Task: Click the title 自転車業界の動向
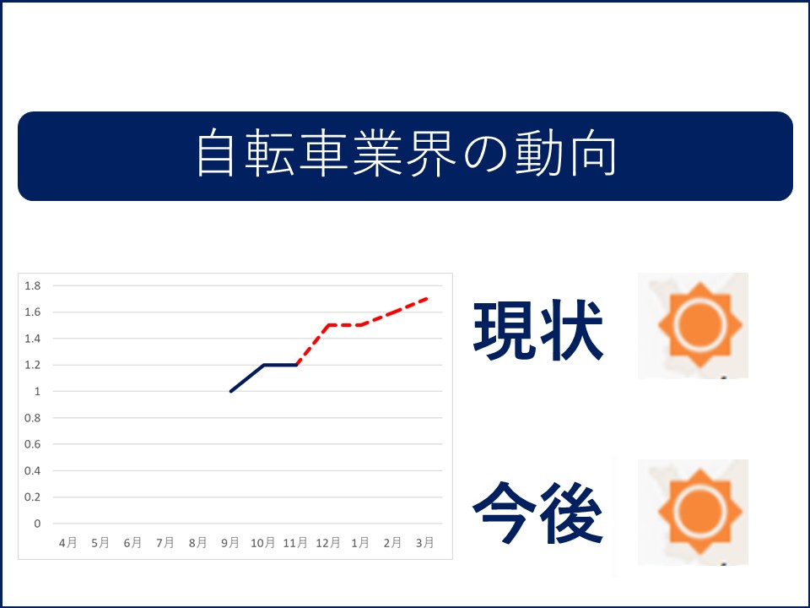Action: (x=407, y=154)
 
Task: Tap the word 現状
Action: (x=537, y=329)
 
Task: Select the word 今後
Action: (x=537, y=513)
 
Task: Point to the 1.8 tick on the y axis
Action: (x=33, y=286)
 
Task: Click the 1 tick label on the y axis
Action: (x=37, y=391)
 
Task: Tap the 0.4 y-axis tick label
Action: (x=33, y=470)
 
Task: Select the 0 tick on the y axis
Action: (x=37, y=524)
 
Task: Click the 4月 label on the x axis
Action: (x=67, y=542)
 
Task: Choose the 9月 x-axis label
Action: (x=229, y=542)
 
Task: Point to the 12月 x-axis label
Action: (x=327, y=542)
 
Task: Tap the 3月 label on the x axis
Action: (x=424, y=542)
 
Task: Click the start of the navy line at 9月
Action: (x=230, y=391)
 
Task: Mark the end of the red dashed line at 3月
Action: (x=427, y=299)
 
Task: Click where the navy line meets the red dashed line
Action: (x=296, y=365)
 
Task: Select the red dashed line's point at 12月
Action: (x=328, y=325)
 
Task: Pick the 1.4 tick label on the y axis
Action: (x=33, y=339)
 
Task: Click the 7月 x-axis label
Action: (x=165, y=542)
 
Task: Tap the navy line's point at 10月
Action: (x=264, y=365)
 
